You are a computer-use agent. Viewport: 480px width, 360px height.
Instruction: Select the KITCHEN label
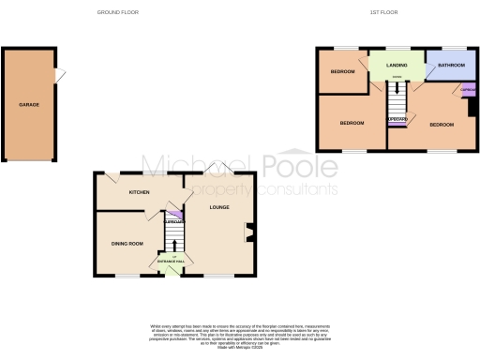[139, 191]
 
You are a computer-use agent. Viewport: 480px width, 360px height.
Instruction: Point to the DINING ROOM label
[127, 244]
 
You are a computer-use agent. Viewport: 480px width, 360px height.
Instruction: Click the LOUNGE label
[219, 208]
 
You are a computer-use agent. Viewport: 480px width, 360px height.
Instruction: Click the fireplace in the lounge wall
[248, 232]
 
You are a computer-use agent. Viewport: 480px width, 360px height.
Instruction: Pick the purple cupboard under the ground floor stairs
[172, 222]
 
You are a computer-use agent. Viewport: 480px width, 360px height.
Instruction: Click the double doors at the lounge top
[217, 169]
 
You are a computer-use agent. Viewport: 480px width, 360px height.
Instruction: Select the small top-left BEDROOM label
[342, 72]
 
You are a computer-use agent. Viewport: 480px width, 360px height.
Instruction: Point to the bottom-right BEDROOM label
[442, 124]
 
